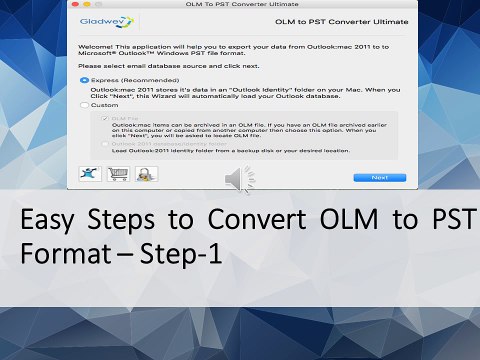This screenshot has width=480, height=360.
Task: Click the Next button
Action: click(x=379, y=177)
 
